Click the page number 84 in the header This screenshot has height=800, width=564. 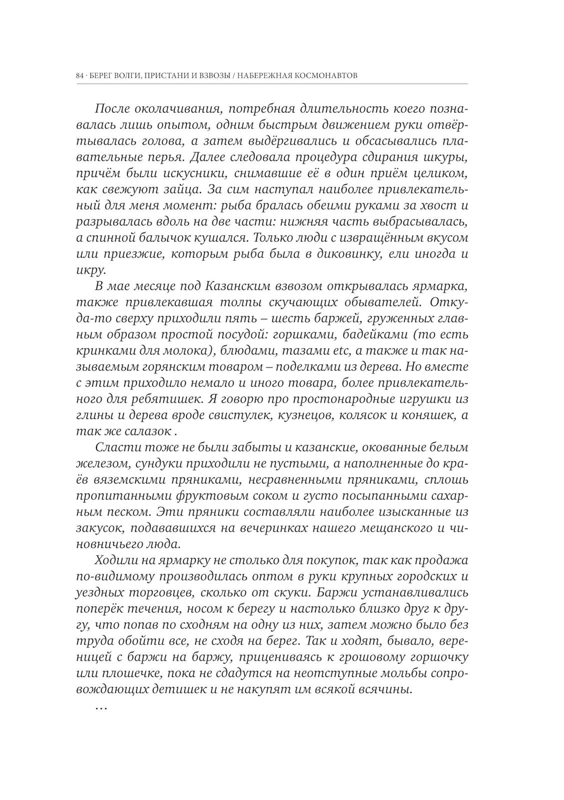[80, 76]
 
